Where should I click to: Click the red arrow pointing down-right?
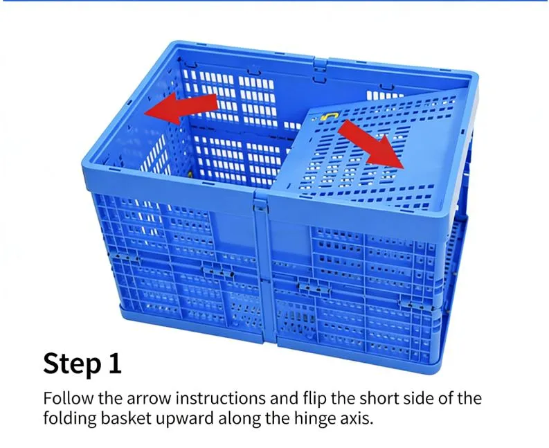(371, 143)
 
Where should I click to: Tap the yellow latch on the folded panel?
(331, 116)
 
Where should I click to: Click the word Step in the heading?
(72, 363)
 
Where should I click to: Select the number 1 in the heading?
(114, 362)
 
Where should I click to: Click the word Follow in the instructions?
(66, 399)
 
